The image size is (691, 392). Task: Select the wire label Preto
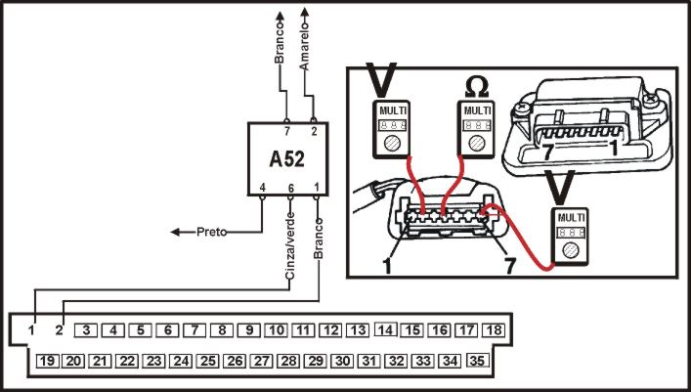(212, 232)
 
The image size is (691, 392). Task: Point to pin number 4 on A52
(262, 187)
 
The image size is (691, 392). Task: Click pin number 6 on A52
(290, 187)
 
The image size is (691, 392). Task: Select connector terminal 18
(494, 330)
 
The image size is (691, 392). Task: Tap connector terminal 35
(477, 361)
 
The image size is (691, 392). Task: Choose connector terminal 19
(46, 361)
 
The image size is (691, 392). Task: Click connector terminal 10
(277, 330)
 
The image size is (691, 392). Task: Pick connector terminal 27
(261, 361)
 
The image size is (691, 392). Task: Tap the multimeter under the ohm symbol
(476, 126)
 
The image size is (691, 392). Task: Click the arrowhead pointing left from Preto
(177, 233)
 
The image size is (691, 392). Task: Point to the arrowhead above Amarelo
(307, 13)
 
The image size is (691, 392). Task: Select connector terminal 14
(385, 330)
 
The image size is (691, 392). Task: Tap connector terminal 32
(396, 361)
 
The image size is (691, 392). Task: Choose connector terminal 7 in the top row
(194, 330)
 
